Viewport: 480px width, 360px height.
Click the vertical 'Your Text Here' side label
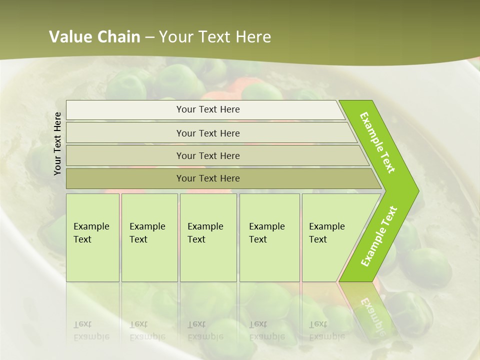tap(57, 143)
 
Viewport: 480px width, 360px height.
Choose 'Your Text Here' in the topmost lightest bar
tap(208, 109)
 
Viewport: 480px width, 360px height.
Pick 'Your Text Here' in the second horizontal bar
tap(208, 133)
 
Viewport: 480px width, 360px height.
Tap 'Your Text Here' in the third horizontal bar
tap(208, 156)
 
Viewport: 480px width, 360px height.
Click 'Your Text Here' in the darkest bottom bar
tap(208, 178)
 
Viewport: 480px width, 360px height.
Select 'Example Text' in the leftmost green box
tap(91, 233)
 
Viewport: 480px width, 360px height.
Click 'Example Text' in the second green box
tap(147, 233)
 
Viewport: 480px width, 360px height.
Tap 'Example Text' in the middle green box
tap(205, 233)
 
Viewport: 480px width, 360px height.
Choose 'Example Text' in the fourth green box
tap(266, 233)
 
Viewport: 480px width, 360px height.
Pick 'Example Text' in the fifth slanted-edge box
tap(326, 233)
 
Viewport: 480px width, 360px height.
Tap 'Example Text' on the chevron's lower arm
tap(379, 236)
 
